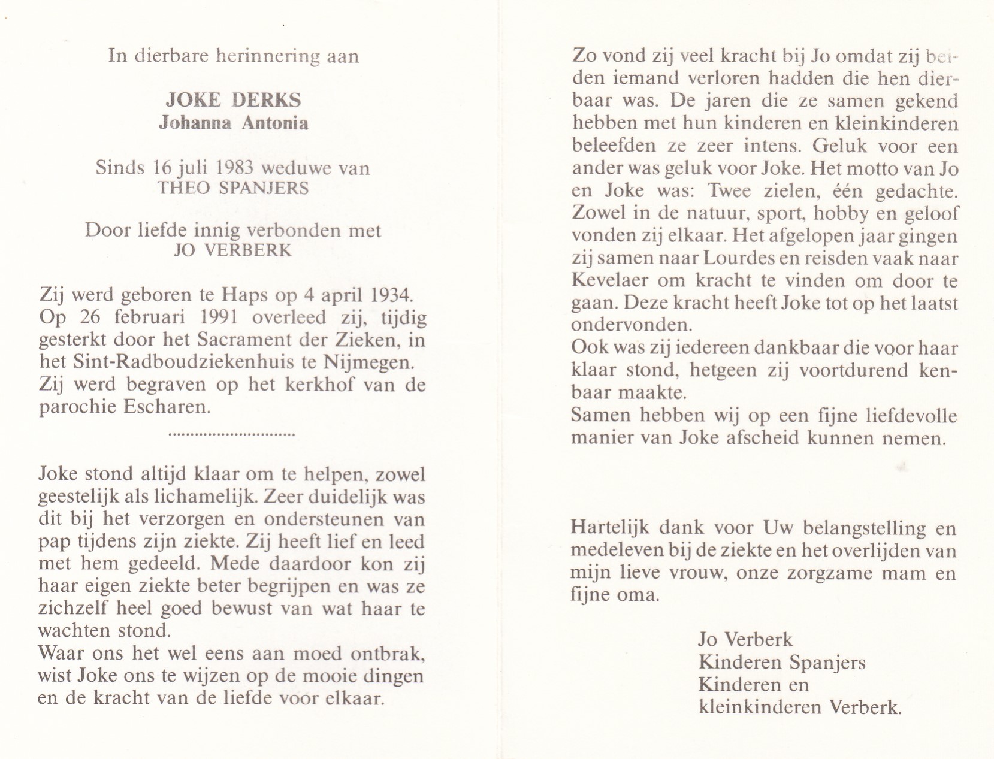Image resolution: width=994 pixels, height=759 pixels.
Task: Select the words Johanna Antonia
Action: tap(233, 123)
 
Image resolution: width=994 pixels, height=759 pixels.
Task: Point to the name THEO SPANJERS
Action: tap(233, 188)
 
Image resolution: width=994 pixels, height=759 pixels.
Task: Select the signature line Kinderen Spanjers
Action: tap(782, 662)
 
